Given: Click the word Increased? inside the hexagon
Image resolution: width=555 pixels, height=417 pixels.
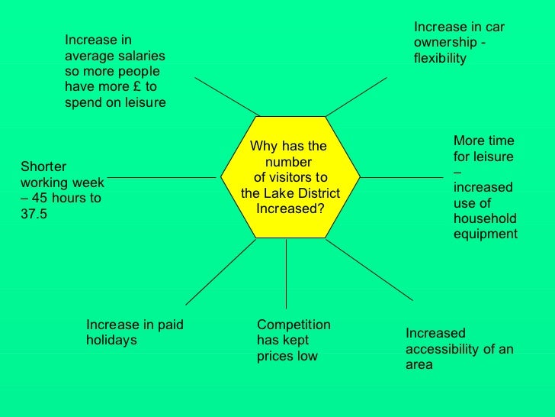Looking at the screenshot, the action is point(290,208).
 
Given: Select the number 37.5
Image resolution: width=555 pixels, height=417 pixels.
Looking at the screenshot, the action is point(34,215).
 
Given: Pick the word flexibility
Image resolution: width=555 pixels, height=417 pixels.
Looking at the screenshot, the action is point(439,58).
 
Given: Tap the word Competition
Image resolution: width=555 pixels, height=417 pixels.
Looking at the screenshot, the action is point(294,325).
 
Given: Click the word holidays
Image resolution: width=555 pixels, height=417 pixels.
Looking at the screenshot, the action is point(111,341).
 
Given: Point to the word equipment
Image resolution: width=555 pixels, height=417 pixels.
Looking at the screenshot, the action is point(485,234).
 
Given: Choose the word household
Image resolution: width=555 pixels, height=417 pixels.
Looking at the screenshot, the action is point(485,219).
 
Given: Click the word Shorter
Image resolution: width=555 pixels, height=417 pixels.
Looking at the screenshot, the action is point(43,167).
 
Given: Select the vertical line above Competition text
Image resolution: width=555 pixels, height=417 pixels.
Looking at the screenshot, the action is point(286,275).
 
